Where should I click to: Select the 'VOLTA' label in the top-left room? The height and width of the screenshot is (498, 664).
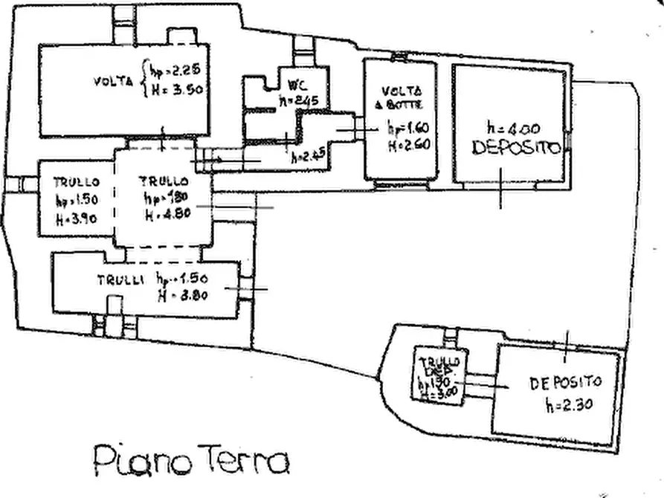(114, 81)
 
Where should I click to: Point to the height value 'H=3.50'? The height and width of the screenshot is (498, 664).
(177, 88)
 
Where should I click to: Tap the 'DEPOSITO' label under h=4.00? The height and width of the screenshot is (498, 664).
(518, 148)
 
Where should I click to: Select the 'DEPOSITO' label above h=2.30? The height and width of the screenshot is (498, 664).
(565, 383)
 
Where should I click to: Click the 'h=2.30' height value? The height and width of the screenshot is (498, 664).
(567, 406)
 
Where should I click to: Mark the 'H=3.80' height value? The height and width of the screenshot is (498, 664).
(182, 293)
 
